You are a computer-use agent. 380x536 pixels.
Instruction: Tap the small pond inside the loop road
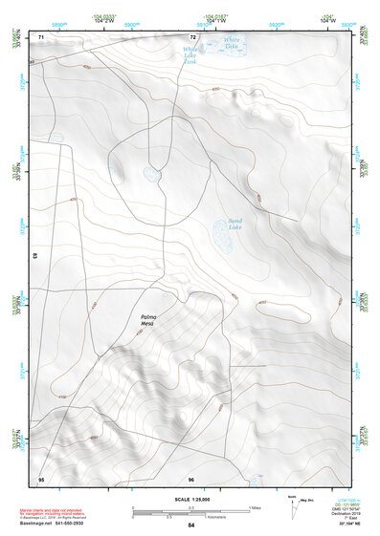coord(151,175)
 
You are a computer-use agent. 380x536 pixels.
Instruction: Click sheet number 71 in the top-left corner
coord(41,37)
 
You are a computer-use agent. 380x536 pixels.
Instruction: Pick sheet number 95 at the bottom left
coord(41,478)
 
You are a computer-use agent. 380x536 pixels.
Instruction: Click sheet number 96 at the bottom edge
coord(191,478)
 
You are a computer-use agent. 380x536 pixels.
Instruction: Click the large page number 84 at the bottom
coord(191,525)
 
